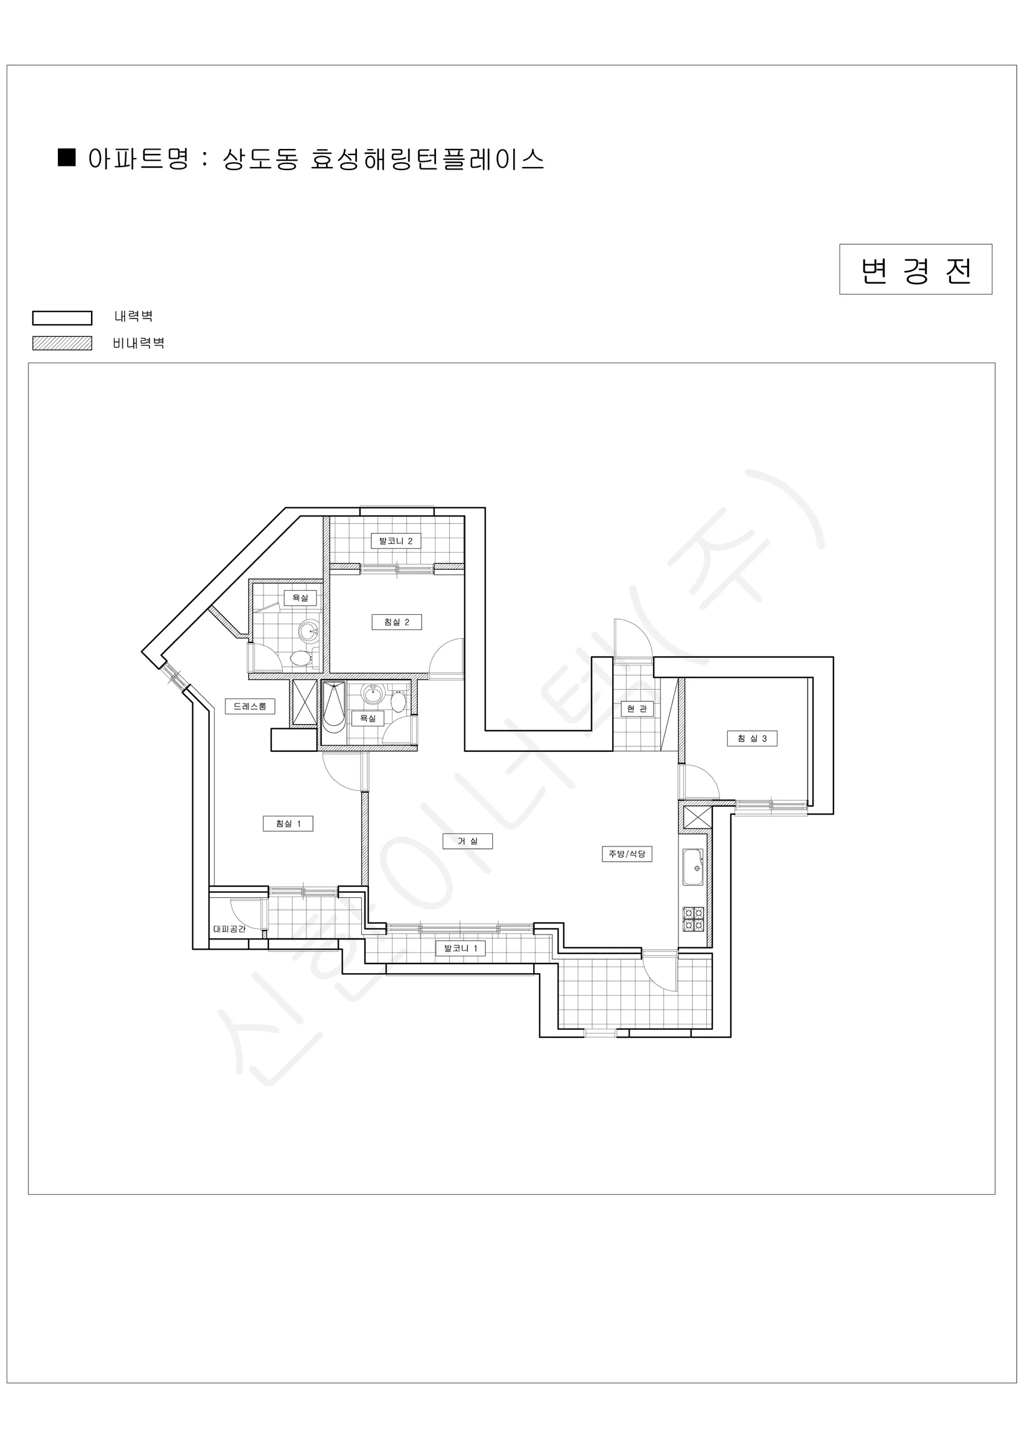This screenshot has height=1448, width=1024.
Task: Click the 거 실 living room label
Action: (467, 841)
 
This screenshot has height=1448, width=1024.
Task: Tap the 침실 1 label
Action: (288, 824)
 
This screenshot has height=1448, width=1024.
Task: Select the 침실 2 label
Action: (397, 622)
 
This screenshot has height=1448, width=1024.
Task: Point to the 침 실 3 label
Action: (752, 738)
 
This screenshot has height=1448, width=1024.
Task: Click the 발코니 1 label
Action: (461, 948)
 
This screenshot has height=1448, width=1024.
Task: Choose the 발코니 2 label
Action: (396, 541)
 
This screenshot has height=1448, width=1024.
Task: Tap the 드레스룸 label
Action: (250, 707)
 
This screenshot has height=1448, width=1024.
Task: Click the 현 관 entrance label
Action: (637, 709)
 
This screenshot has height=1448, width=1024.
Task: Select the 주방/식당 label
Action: (627, 854)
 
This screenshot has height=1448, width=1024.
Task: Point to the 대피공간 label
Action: (230, 929)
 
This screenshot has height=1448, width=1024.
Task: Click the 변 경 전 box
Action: (915, 269)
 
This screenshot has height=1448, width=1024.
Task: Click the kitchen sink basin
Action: (693, 867)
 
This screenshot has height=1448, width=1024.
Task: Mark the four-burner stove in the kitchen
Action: (694, 919)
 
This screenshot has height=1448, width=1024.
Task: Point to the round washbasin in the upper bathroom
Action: (309, 630)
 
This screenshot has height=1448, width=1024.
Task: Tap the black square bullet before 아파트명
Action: (67, 157)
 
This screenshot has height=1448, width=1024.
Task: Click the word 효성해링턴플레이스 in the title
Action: (428, 159)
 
